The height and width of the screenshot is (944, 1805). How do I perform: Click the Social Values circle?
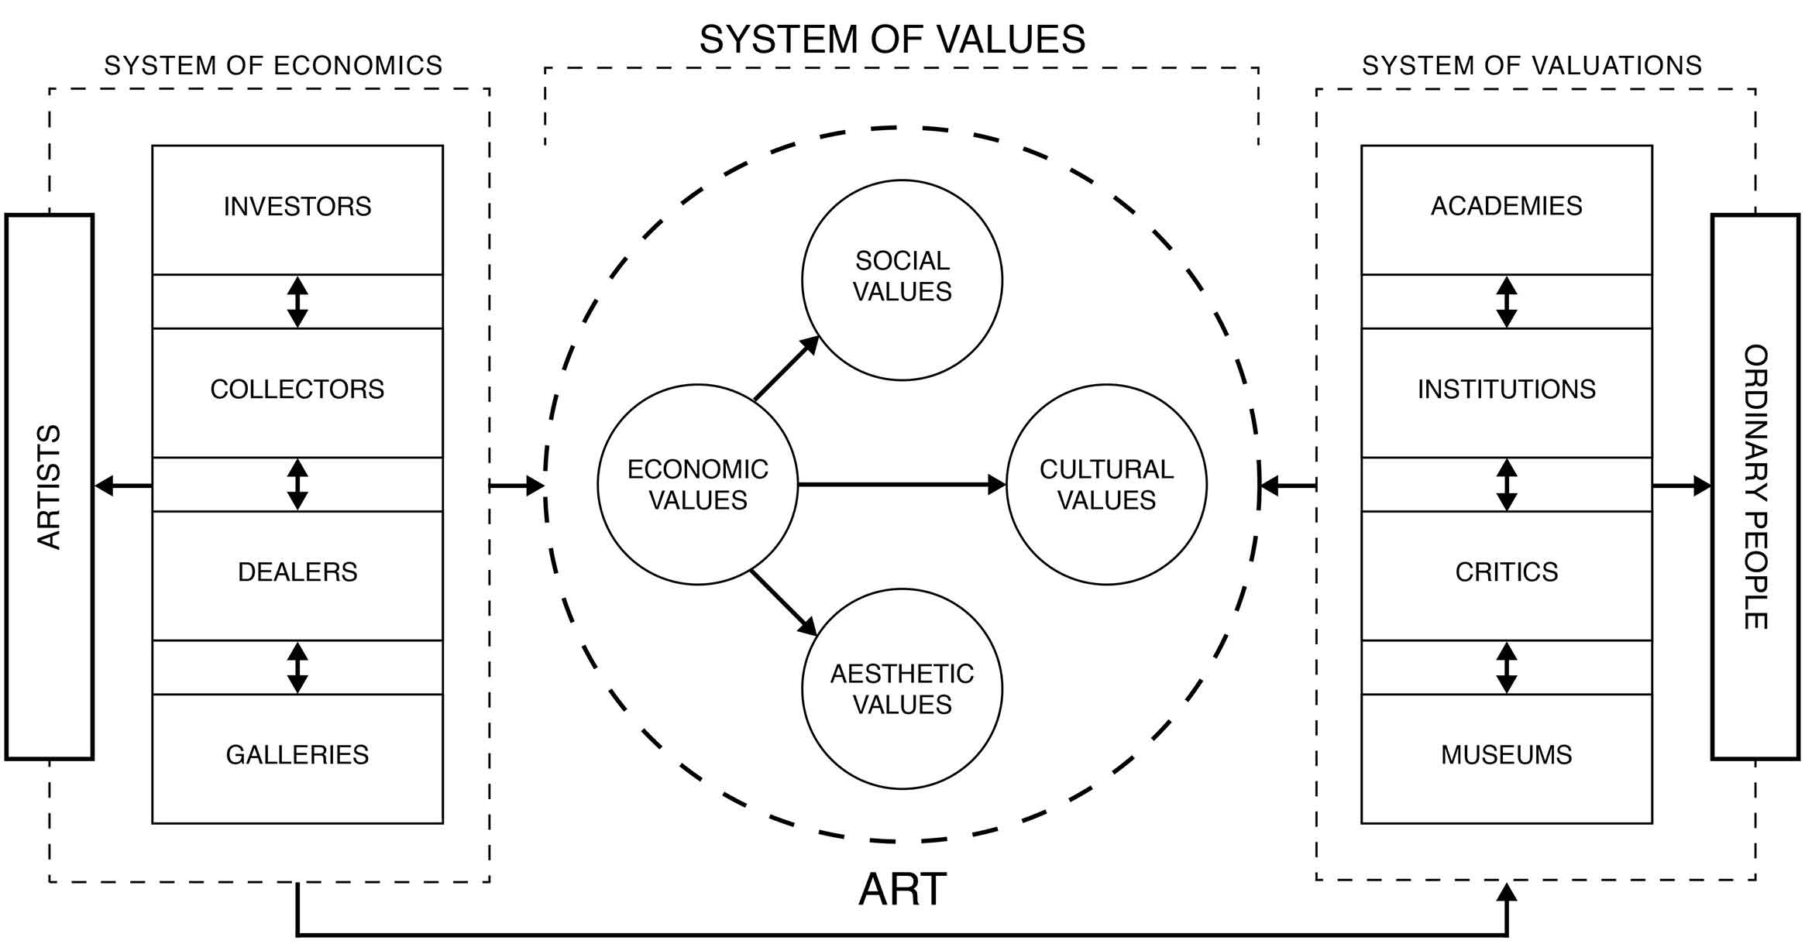point(902,280)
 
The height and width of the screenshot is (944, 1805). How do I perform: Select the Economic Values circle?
point(697,485)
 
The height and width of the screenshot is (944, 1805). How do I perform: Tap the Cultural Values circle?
point(1106,485)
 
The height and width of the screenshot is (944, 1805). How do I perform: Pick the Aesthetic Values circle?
point(902,689)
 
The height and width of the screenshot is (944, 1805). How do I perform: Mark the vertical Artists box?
point(50,486)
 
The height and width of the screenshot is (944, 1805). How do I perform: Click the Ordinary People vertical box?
point(1755,486)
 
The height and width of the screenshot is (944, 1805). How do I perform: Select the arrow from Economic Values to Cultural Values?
point(902,485)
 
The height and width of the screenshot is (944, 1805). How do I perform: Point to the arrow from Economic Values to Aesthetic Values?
point(784,603)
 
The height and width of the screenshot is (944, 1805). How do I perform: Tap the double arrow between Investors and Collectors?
point(297,302)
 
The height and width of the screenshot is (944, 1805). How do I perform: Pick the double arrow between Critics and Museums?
point(1506,668)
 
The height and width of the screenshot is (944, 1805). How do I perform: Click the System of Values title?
point(892,39)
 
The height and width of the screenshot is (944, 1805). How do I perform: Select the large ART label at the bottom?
point(902,889)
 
